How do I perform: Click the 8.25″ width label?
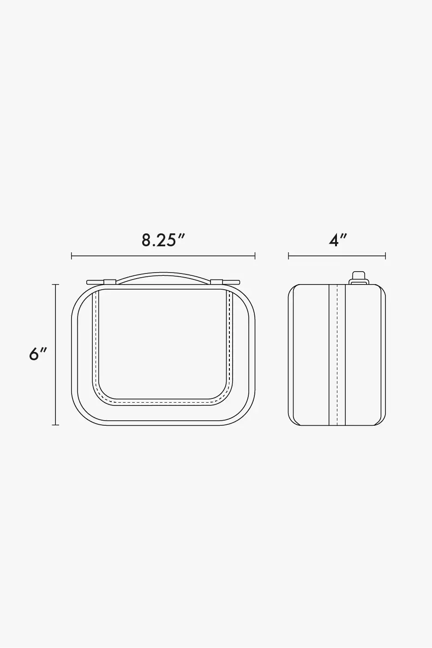coord(163,240)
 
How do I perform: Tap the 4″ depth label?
coord(338,240)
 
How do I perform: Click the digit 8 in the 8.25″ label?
coord(146,240)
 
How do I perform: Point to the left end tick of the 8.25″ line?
coord(72,256)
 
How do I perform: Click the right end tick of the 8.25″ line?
coord(255,256)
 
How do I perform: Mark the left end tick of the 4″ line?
coord(288,256)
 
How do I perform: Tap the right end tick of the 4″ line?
coord(385,256)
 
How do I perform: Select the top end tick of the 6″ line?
coord(55,285)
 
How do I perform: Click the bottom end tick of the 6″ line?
coord(55,425)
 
